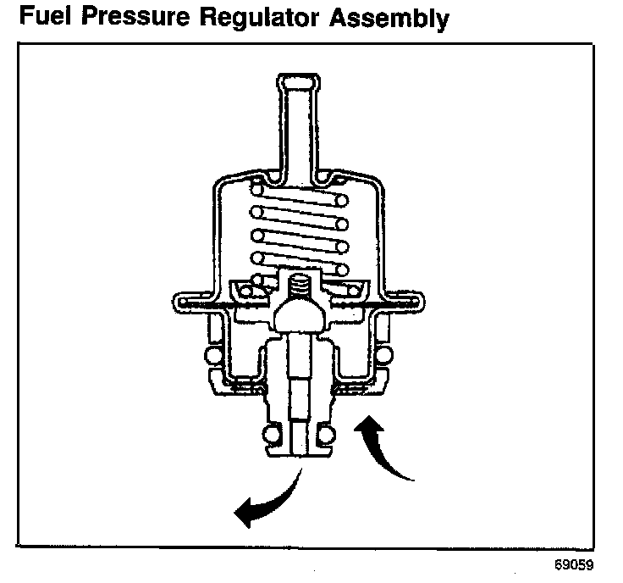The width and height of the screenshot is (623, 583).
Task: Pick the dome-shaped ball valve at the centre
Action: click(x=300, y=317)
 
